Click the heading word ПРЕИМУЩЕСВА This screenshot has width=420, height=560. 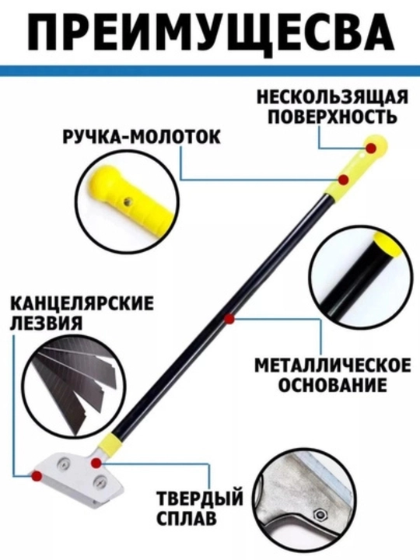(x=210, y=33)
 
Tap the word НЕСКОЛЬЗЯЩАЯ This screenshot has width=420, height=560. (x=332, y=97)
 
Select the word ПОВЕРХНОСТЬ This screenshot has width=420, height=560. (x=332, y=117)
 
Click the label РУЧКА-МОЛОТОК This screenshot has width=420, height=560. (x=142, y=137)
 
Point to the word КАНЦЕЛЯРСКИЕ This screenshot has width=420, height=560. (x=82, y=304)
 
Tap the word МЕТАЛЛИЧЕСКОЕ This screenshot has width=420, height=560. (x=332, y=366)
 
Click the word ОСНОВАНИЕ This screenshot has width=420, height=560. (x=332, y=385)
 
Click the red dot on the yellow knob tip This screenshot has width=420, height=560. (x=371, y=148)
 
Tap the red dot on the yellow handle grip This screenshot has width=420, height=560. (x=344, y=180)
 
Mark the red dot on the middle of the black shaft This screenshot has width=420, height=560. (x=230, y=320)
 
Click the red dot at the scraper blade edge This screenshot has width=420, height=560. (x=36, y=475)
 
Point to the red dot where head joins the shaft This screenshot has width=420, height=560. (x=96, y=464)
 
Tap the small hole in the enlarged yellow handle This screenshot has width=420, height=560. (x=126, y=202)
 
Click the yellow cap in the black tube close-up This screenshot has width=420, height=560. (x=385, y=246)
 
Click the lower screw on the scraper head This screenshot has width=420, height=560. (x=100, y=482)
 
